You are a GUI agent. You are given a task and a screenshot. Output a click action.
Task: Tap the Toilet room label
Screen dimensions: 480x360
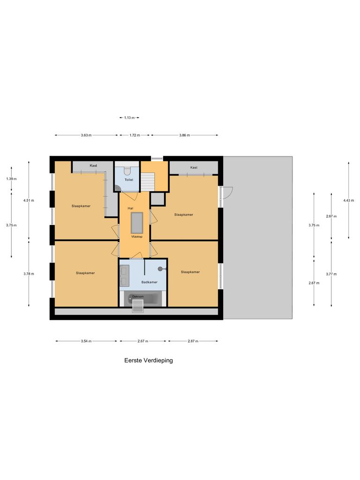point(128,180)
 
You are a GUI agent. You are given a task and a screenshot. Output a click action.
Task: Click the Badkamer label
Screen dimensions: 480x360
point(149,282)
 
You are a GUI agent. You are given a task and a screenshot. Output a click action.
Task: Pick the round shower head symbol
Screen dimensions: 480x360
point(160,269)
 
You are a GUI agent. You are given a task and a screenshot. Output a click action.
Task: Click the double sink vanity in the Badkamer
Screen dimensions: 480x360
point(125,275)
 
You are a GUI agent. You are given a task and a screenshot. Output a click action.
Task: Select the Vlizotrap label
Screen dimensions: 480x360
point(136,237)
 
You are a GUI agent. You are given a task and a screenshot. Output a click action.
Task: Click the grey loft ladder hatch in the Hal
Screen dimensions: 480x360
point(137,222)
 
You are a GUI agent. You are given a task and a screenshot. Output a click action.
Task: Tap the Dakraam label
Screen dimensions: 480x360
point(137,297)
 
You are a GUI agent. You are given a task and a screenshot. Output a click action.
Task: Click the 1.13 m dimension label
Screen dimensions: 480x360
point(129,118)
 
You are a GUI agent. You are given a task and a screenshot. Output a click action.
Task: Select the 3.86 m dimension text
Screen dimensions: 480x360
point(184,135)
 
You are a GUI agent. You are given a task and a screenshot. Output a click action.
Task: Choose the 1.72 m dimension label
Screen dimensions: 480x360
point(135,135)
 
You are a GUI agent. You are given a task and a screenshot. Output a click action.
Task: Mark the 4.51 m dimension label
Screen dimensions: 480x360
point(29,200)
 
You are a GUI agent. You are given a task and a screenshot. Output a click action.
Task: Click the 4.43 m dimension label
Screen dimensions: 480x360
point(348,200)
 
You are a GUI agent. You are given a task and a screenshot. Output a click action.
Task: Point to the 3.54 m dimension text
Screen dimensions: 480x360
point(86,341)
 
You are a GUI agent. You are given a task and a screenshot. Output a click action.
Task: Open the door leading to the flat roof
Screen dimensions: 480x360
point(227,192)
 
